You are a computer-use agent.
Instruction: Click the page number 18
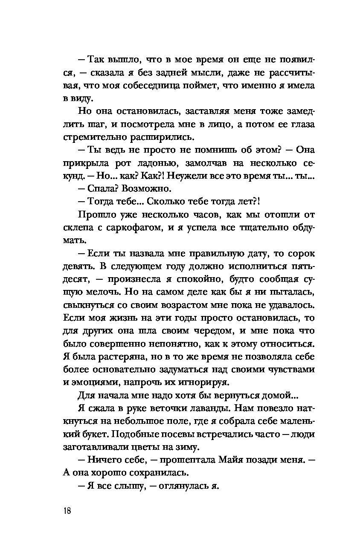coord(67,511)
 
